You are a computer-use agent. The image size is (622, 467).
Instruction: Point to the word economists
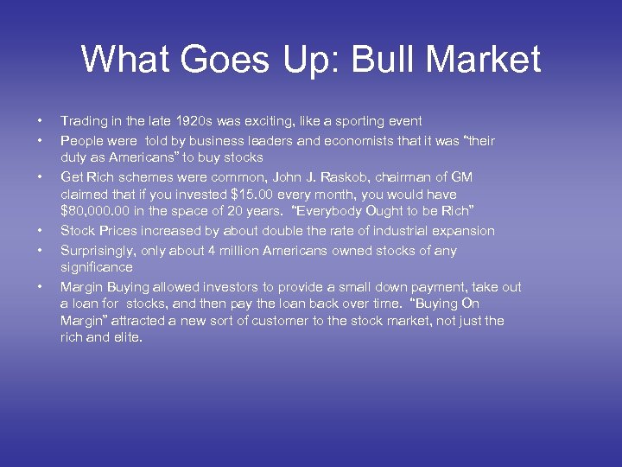(x=359, y=140)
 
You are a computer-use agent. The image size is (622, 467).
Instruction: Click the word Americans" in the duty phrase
(x=127, y=158)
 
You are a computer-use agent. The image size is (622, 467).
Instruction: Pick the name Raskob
(x=369, y=176)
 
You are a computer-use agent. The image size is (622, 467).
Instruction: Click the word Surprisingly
(x=98, y=250)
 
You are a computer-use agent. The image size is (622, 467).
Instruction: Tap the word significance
(x=97, y=268)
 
